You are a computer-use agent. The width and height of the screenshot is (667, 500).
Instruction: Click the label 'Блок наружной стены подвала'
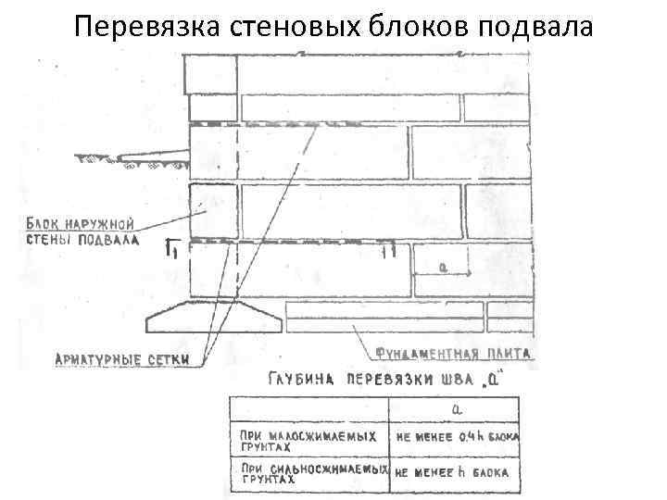tap(82, 231)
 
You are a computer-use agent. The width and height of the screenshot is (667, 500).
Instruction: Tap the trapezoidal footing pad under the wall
tap(214, 318)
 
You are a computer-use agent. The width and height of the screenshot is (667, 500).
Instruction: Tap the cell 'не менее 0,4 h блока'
tap(457, 437)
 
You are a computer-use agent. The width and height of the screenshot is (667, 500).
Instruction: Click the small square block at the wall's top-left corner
tap(210, 73)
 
